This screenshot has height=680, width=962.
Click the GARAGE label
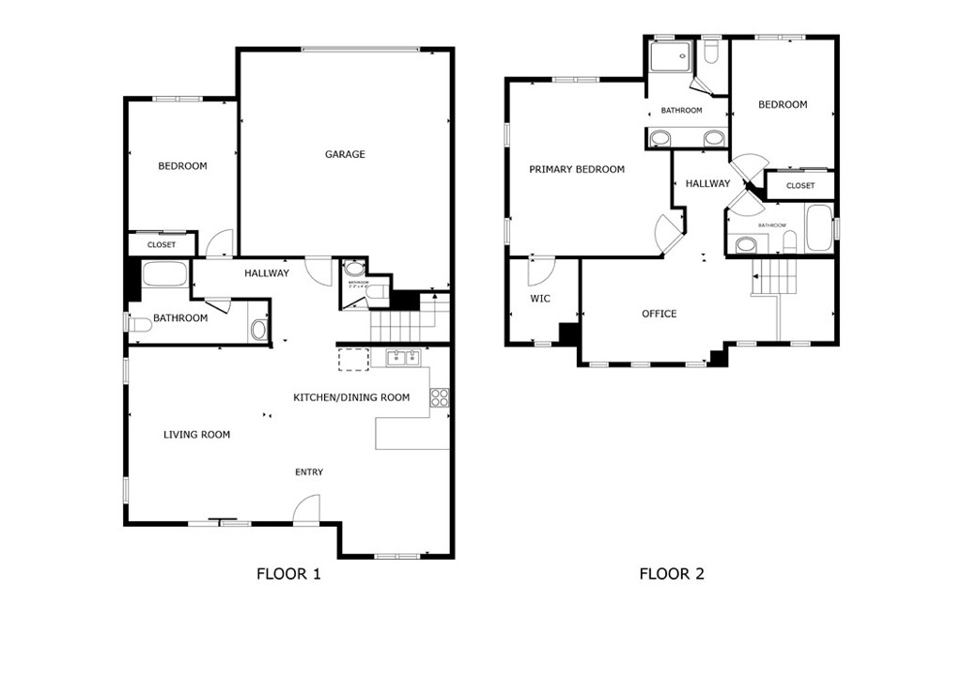click(345, 154)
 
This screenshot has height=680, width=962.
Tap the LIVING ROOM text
click(196, 435)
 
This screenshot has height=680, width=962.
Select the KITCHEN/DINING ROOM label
click(351, 397)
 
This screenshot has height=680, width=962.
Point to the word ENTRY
click(309, 472)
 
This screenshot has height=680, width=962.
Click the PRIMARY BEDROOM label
click(576, 170)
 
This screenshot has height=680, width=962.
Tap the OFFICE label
click(659, 314)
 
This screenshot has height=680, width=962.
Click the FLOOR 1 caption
click(288, 574)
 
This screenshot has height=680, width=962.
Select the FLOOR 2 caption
click(672, 574)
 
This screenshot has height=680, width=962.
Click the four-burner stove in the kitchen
click(439, 398)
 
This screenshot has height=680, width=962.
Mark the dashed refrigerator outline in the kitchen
click(353, 361)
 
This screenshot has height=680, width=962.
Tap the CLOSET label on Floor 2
click(800, 186)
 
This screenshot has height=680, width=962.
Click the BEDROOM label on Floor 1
click(182, 166)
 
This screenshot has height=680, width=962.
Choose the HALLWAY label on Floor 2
click(706, 184)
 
